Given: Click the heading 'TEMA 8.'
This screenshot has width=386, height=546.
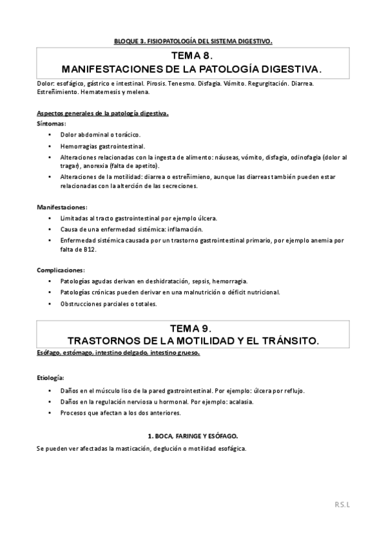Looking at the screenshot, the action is point(193,57).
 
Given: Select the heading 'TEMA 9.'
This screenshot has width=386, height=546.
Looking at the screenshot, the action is point(193,328).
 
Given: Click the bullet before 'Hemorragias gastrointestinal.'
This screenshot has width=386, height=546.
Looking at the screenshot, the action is point(50,147).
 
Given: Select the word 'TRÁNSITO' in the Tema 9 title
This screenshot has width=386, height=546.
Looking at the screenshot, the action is point(287,339).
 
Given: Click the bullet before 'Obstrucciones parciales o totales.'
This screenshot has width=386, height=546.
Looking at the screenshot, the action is point(50,303).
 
